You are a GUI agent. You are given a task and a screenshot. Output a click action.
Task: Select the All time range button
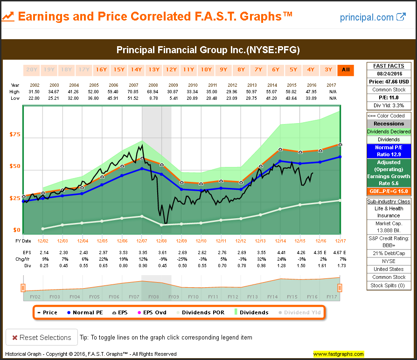[346, 70]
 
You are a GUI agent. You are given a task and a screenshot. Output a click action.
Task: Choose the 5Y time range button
[293, 70]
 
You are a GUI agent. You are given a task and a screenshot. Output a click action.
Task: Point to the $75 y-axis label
[15, 135]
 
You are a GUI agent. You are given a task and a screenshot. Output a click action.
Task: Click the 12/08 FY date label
[162, 241]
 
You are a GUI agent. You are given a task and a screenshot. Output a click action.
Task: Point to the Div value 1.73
[340, 265]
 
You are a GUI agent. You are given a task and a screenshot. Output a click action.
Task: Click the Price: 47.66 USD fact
[389, 82]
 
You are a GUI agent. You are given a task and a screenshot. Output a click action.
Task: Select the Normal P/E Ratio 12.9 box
[389, 151]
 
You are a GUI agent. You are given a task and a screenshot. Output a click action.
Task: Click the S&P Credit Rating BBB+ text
[389, 242]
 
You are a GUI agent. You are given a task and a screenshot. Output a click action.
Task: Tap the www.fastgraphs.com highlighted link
[339, 354]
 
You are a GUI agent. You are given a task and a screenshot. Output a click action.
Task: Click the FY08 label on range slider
[154, 297]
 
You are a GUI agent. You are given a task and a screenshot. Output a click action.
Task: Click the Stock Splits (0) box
[389, 285]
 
